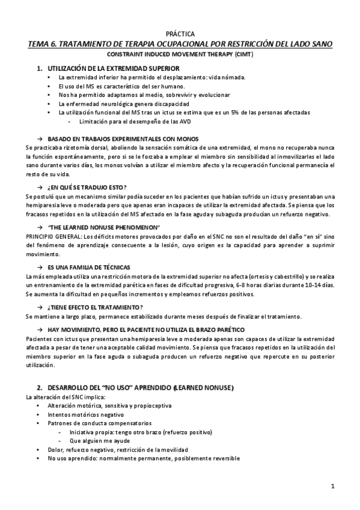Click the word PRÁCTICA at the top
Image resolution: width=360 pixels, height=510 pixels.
click(180, 34)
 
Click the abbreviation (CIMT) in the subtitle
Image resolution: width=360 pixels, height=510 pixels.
click(237, 55)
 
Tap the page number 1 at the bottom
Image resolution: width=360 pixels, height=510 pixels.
click(332, 485)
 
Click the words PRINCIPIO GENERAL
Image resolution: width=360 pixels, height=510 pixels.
click(50, 237)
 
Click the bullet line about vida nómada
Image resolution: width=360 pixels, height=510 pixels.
click(135, 78)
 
